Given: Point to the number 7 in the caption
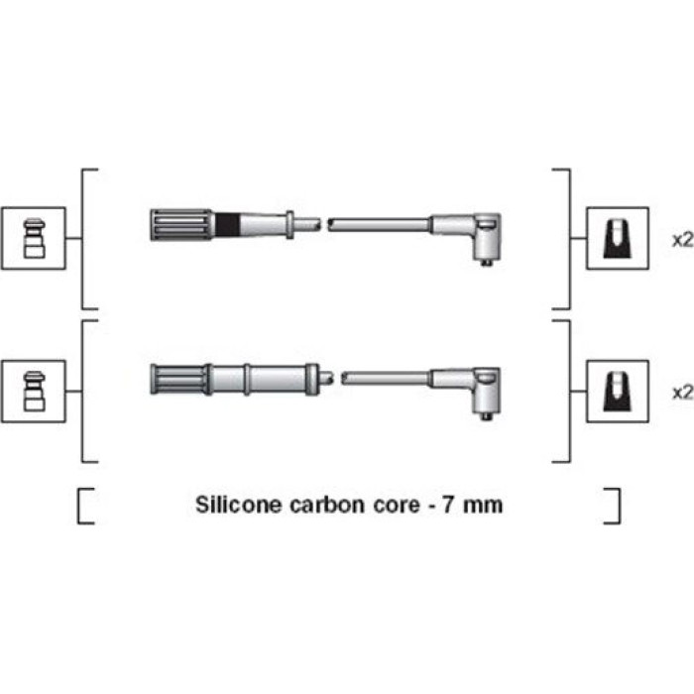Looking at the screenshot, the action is (447, 505).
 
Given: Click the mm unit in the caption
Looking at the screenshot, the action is (483, 506).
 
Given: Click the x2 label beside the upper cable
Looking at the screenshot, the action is (682, 240).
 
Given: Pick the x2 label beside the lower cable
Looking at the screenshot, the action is (682, 393).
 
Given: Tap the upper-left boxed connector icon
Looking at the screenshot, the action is (34, 238).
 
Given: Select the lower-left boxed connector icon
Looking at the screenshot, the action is (34, 392).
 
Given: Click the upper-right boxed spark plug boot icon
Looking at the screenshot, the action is (618, 238).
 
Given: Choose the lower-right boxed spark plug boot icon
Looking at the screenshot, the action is (618, 392).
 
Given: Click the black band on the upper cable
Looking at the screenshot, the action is (227, 224).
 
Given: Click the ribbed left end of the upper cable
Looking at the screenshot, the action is (181, 224).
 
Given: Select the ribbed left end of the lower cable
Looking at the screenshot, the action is (178, 379).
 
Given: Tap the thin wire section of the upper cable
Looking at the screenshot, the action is (379, 224).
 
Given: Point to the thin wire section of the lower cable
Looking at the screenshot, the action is (385, 379).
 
